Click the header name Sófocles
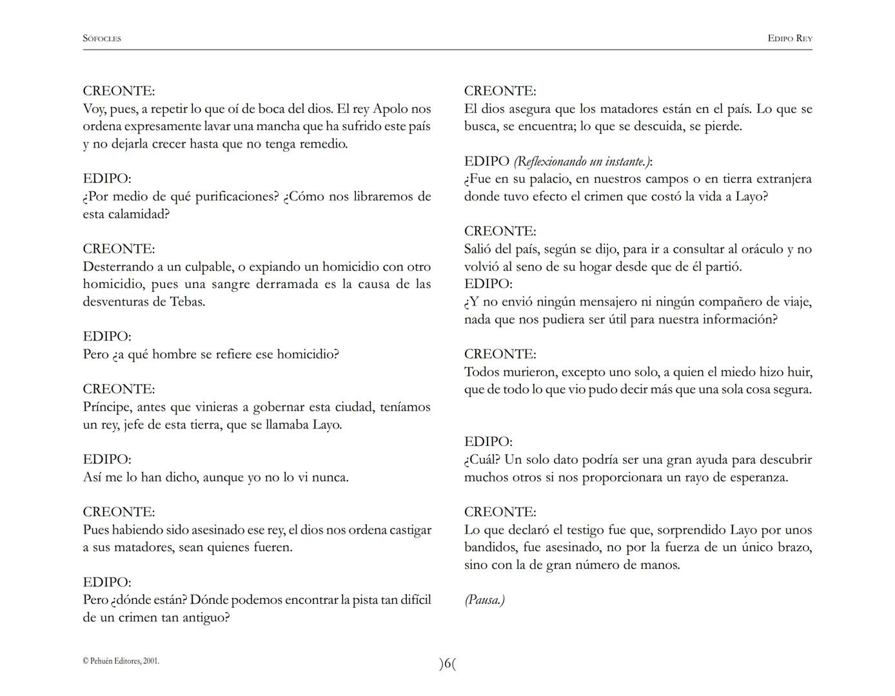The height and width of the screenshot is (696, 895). pos(102,39)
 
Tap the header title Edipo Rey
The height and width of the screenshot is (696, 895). pos(790,39)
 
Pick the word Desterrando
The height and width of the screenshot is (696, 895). pos(118,267)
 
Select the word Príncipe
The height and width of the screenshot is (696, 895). pos(108,407)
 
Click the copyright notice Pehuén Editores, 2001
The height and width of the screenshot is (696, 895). pos(121,661)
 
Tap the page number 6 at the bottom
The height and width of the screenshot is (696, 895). pos(448,664)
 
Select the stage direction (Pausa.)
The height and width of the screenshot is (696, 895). pos(485,600)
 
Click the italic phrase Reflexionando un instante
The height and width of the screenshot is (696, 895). pos(582,162)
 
